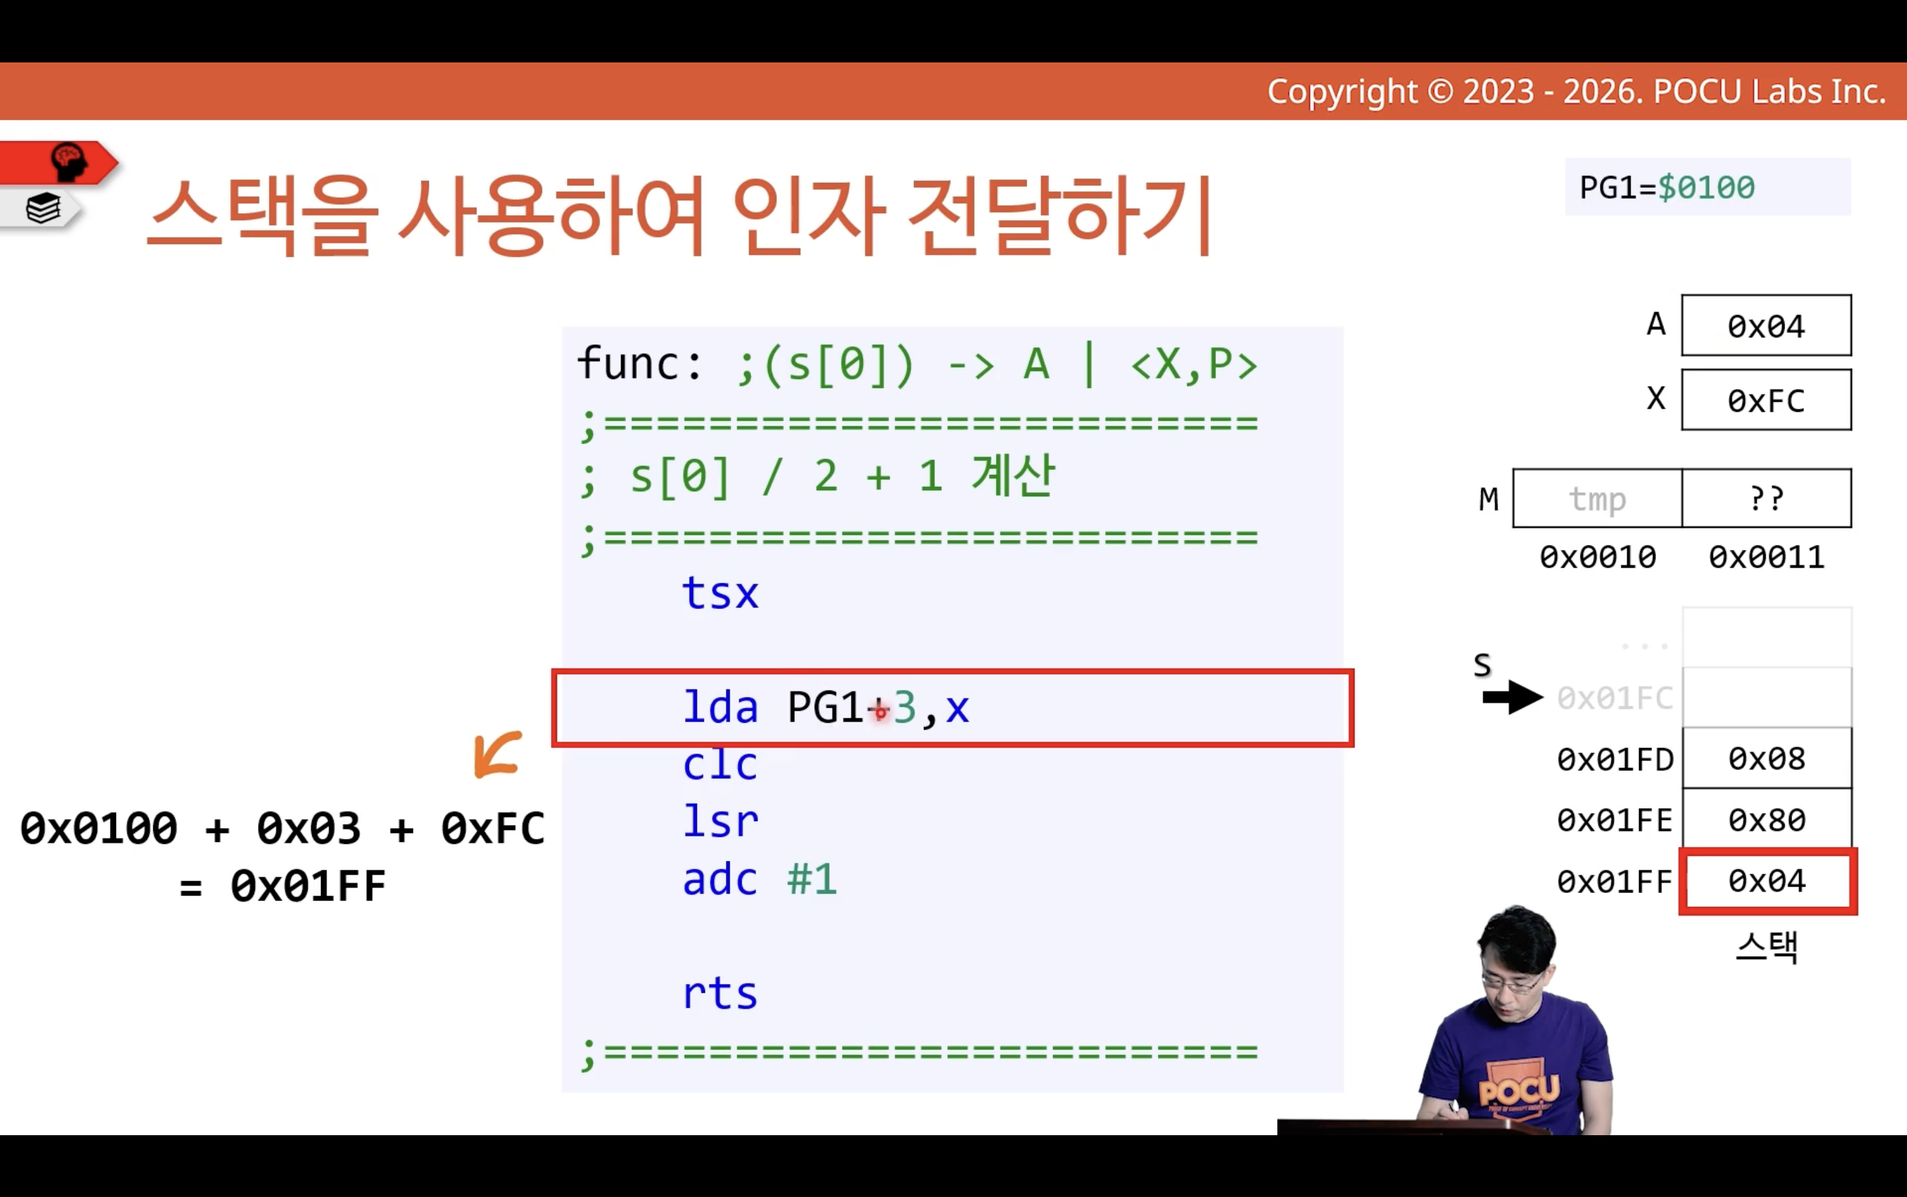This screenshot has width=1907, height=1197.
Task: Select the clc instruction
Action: click(x=720, y=765)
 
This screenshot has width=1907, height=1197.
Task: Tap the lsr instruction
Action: click(x=720, y=821)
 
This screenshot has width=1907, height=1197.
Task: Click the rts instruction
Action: click(x=720, y=993)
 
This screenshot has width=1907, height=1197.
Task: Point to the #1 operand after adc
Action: click(x=812, y=879)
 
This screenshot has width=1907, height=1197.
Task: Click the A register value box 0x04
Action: click(x=1766, y=325)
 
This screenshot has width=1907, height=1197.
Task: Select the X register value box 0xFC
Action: click(x=1766, y=400)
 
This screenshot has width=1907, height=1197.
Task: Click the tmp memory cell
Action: click(x=1597, y=499)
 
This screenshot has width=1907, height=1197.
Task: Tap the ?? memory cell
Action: click(x=1767, y=499)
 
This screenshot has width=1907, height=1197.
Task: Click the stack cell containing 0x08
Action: click(x=1767, y=759)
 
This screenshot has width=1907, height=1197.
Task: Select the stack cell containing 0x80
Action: click(x=1767, y=819)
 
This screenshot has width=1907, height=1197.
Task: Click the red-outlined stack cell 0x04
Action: click(x=1768, y=881)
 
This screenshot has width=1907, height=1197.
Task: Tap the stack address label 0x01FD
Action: click(x=1615, y=759)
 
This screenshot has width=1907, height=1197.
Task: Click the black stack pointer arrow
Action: click(x=1513, y=698)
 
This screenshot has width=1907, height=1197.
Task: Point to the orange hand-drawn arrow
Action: click(x=497, y=754)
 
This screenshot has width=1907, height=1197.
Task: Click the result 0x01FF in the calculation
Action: click(x=308, y=886)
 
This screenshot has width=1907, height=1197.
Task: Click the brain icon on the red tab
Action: click(x=68, y=161)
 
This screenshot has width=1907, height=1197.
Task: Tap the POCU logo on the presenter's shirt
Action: click(x=1519, y=1090)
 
